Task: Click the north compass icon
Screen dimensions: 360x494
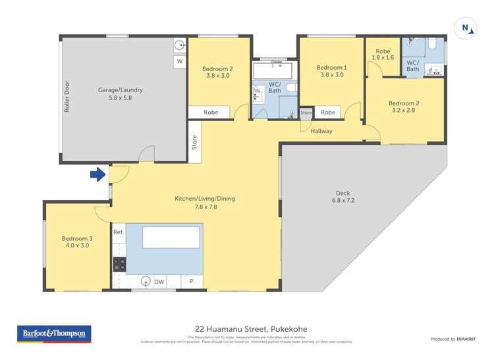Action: (x=466, y=28)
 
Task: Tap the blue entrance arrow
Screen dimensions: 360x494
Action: (x=97, y=174)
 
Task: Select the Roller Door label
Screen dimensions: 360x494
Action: (x=67, y=97)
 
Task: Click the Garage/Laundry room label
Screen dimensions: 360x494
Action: (x=121, y=94)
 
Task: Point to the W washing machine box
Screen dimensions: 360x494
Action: (x=179, y=62)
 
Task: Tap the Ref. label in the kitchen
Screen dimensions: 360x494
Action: (x=119, y=232)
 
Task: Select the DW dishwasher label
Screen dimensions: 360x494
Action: (x=159, y=282)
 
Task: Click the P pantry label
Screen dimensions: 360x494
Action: (x=192, y=282)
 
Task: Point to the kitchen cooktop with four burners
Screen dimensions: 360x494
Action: (x=120, y=264)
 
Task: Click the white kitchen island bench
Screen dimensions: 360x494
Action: (x=171, y=237)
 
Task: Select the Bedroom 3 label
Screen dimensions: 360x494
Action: (x=76, y=242)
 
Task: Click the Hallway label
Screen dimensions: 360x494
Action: (x=322, y=131)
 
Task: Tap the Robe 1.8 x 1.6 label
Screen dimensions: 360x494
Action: (x=383, y=55)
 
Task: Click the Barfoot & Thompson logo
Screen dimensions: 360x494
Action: (x=54, y=334)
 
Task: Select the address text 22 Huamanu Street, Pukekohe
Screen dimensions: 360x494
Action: (x=251, y=329)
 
